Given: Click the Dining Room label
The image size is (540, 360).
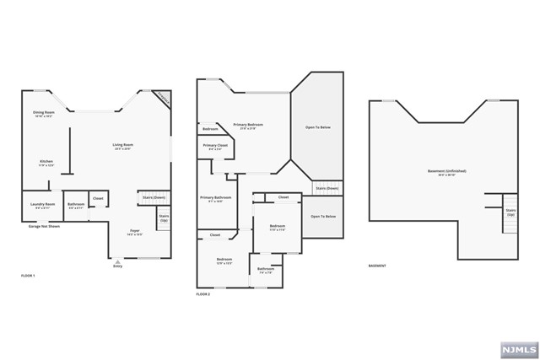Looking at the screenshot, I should (x=44, y=114).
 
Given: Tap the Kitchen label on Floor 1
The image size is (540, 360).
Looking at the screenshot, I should (x=46, y=163).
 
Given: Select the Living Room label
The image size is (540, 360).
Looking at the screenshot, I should (x=123, y=147).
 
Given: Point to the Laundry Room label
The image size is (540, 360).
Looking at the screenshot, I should (x=44, y=205).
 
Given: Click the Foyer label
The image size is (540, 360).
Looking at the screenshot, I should (x=134, y=232).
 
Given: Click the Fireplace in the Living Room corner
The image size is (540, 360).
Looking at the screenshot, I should (x=165, y=98).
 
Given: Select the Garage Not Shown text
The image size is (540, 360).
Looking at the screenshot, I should (x=42, y=226).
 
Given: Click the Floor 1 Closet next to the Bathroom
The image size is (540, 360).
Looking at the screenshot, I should (x=98, y=200).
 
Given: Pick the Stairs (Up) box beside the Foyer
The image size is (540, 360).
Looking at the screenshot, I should (x=164, y=221).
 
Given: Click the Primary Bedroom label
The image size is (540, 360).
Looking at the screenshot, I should (x=249, y=126).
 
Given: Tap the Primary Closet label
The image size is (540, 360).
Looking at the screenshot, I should (x=216, y=147).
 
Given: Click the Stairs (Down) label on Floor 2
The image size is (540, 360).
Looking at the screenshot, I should (x=327, y=188).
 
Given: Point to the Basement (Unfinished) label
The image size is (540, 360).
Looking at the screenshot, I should (x=446, y=172).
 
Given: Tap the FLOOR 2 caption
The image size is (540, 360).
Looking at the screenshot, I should (x=202, y=294).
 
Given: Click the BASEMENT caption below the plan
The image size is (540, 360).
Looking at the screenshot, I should (x=377, y=266).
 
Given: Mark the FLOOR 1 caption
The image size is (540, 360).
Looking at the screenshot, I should (x=29, y=276).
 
